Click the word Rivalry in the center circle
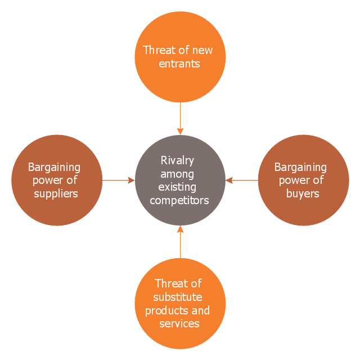(x=177, y=160)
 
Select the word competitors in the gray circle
(x=179, y=200)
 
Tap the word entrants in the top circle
(x=179, y=64)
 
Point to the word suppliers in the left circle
(x=55, y=193)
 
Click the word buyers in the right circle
(x=302, y=193)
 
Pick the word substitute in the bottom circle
(x=178, y=296)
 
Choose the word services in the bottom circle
(x=179, y=323)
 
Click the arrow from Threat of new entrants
(x=180, y=119)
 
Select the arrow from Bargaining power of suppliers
(x=118, y=181)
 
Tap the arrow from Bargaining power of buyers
(x=242, y=181)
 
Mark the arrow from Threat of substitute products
(x=180, y=242)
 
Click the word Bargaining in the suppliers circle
(x=54, y=167)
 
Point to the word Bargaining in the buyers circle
(x=300, y=167)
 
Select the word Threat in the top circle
(x=159, y=50)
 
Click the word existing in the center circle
(x=177, y=187)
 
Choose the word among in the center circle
(x=177, y=174)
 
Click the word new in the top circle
(x=202, y=50)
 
